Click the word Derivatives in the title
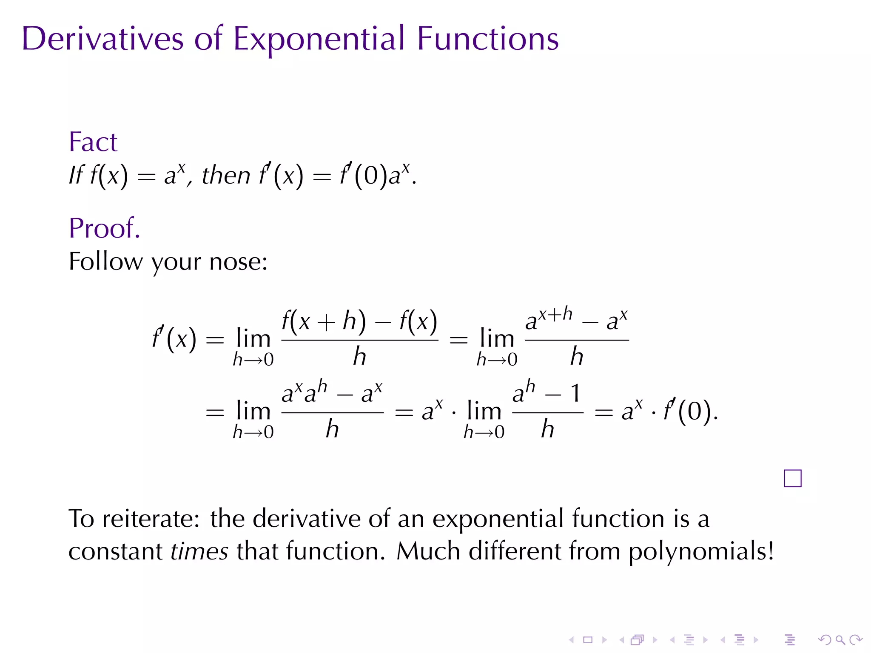102,39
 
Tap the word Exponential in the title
319,40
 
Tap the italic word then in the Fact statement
226,175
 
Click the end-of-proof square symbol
792,478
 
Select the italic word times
199,551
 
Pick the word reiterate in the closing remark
151,519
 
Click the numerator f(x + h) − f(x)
359,321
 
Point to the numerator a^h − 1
547,393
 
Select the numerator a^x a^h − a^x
332,393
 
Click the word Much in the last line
428,551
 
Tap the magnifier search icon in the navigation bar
840,640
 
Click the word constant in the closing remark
115,551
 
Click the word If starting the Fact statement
77,175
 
